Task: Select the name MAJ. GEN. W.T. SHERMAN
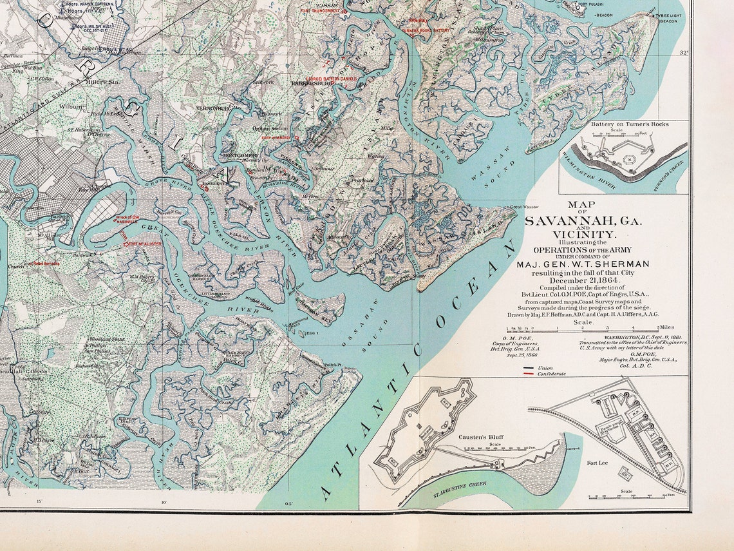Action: (583, 264)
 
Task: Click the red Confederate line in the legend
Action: (528, 374)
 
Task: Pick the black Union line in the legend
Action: (528, 368)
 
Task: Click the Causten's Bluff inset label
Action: (480, 437)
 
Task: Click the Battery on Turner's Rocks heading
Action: (623, 124)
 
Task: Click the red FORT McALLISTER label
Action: (143, 244)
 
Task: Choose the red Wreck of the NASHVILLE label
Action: (128, 220)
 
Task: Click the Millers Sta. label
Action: (103, 82)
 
